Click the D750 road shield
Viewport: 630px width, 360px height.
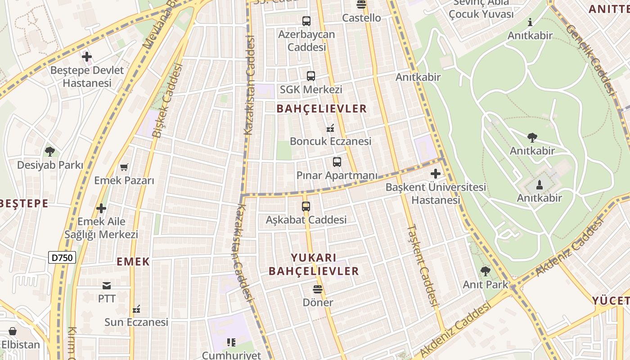pyautogui.click(x=62, y=257)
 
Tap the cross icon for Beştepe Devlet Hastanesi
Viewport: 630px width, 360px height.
pyautogui.click(x=87, y=57)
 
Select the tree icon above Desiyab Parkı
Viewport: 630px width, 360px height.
pyautogui.click(x=50, y=152)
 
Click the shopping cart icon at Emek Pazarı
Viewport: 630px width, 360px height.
pyautogui.click(x=124, y=167)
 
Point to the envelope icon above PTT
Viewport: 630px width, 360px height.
pyautogui.click(x=107, y=285)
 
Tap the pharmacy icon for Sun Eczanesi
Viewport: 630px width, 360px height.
pyautogui.click(x=137, y=309)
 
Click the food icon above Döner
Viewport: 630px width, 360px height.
pyautogui.click(x=318, y=289)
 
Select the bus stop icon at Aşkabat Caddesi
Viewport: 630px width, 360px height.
pyautogui.click(x=306, y=207)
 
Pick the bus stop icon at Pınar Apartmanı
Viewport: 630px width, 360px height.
pyautogui.click(x=337, y=162)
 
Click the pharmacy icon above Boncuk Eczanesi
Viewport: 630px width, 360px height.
pyautogui.click(x=330, y=128)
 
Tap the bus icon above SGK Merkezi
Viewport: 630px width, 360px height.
pyautogui.click(x=311, y=76)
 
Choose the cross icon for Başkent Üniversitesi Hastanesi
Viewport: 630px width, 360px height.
pyautogui.click(x=436, y=173)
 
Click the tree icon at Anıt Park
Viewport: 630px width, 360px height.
pyautogui.click(x=485, y=271)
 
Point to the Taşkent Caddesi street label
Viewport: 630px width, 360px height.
pyautogui.click(x=423, y=265)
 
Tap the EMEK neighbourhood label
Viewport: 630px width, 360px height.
pyautogui.click(x=133, y=262)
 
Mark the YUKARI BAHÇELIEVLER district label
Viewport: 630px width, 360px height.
pyautogui.click(x=314, y=265)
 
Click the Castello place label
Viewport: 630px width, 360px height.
pyautogui.click(x=361, y=18)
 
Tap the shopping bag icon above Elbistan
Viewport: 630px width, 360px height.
pyautogui.click(x=13, y=332)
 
